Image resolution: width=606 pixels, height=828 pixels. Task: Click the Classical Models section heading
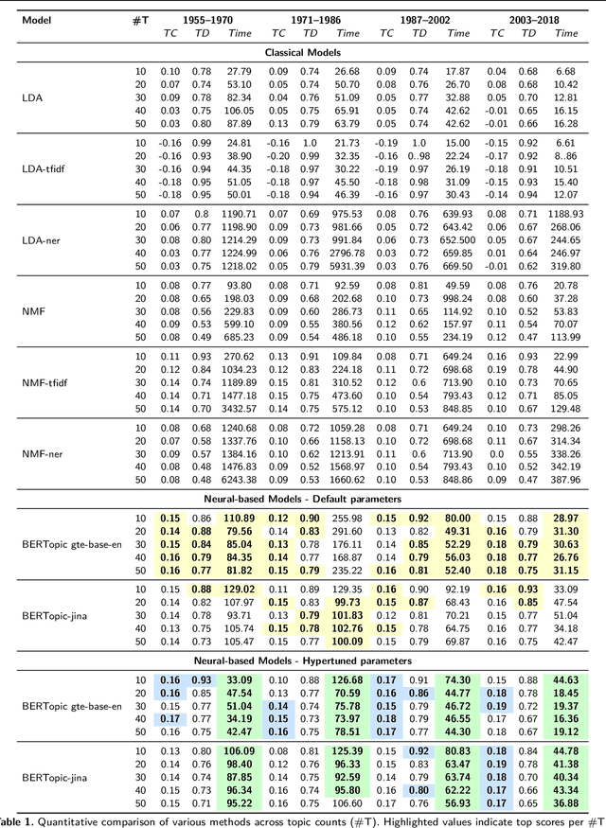coord(303,53)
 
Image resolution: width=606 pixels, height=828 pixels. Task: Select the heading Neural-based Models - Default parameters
coord(303,498)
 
